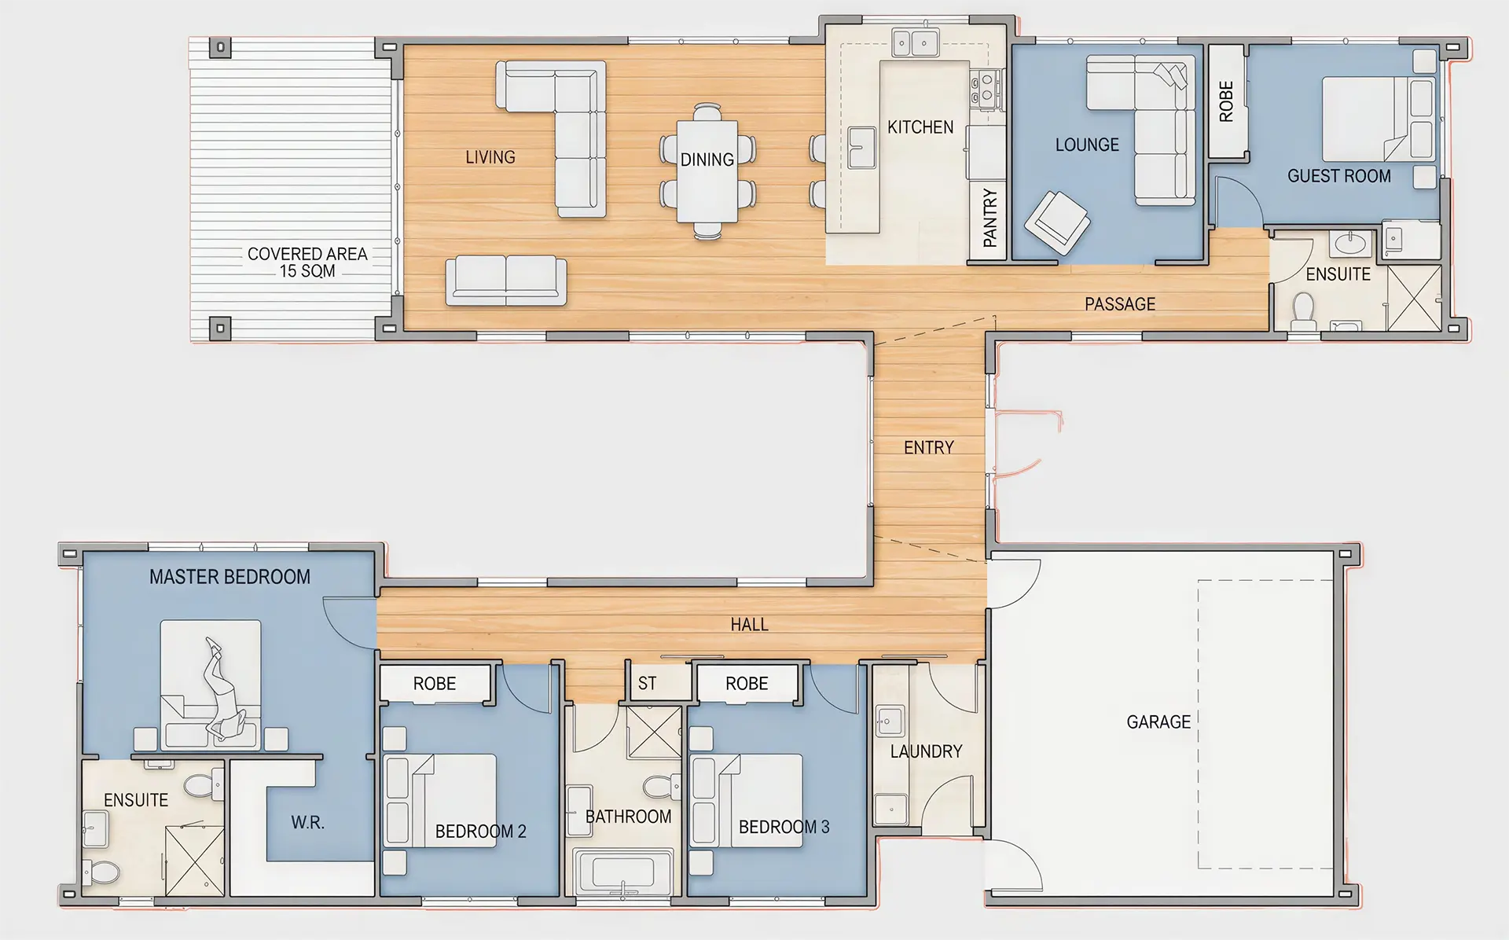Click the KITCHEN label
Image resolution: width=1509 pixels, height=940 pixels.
[x=920, y=127]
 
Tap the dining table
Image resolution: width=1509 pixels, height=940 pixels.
[x=707, y=171]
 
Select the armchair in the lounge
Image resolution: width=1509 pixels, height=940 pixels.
[x=1057, y=222]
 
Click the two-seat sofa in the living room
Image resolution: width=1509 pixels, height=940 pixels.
[x=506, y=281]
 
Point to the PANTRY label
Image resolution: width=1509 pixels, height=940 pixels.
[x=989, y=218]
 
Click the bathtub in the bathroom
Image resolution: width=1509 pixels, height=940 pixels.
[x=623, y=872]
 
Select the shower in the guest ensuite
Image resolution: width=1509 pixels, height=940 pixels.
[x=1414, y=298]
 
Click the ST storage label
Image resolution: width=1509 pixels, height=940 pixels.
[x=647, y=684]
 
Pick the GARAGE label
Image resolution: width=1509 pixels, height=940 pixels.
[x=1158, y=722]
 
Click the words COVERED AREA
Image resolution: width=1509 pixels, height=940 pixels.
[x=307, y=254]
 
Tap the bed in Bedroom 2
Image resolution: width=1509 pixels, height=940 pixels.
[x=441, y=801]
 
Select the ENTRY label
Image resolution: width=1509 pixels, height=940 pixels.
[x=929, y=448]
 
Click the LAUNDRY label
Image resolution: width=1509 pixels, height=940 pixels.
[x=926, y=751]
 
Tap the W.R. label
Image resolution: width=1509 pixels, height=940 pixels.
[x=307, y=823]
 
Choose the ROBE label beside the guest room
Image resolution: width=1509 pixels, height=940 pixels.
[x=1226, y=101]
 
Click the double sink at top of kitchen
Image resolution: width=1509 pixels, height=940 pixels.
[x=915, y=42]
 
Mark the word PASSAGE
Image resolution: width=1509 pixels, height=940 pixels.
[x=1120, y=304]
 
